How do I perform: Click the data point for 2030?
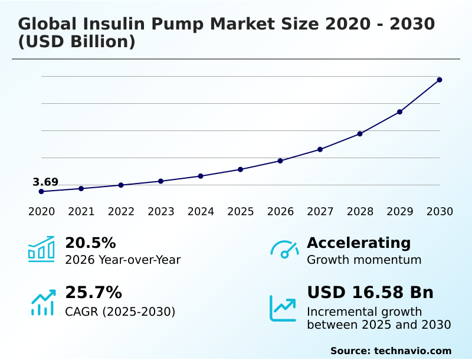pos(440,80)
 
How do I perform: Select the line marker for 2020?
pos(41,191)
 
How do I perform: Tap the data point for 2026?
pos(280,161)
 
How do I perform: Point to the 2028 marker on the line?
pos(360,133)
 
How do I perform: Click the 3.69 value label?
pos(45,182)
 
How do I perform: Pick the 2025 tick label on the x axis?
pos(241,211)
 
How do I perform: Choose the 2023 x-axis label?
pos(161,211)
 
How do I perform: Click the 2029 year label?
pos(400,211)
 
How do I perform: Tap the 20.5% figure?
pos(90,243)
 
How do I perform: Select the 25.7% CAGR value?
pos(93,292)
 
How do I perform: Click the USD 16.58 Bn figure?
pos(370,292)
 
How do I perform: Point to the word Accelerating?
pos(359,243)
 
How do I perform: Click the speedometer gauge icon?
pos(284,249)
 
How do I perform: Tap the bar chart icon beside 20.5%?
pos(41,249)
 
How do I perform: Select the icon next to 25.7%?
pos(42,302)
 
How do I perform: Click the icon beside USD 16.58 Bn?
pos(283,308)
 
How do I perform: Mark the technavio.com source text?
pos(412,351)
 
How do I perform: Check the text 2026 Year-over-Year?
pos(123,260)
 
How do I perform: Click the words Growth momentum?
pos(364,260)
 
